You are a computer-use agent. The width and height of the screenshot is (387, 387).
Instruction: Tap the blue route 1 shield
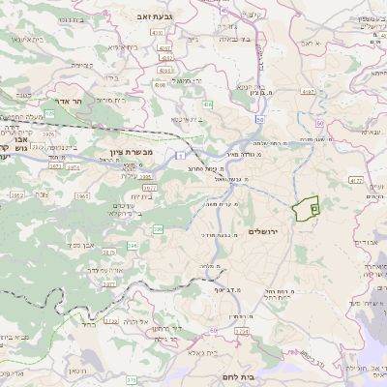coord(180,154)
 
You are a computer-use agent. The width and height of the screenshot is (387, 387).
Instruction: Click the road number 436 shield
coord(208,104)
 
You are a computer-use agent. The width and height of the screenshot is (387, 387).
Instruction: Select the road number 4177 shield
coord(356,180)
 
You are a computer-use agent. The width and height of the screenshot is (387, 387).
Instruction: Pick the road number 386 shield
coord(158,229)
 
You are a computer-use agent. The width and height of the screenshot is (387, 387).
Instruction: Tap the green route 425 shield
coord(48,113)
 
